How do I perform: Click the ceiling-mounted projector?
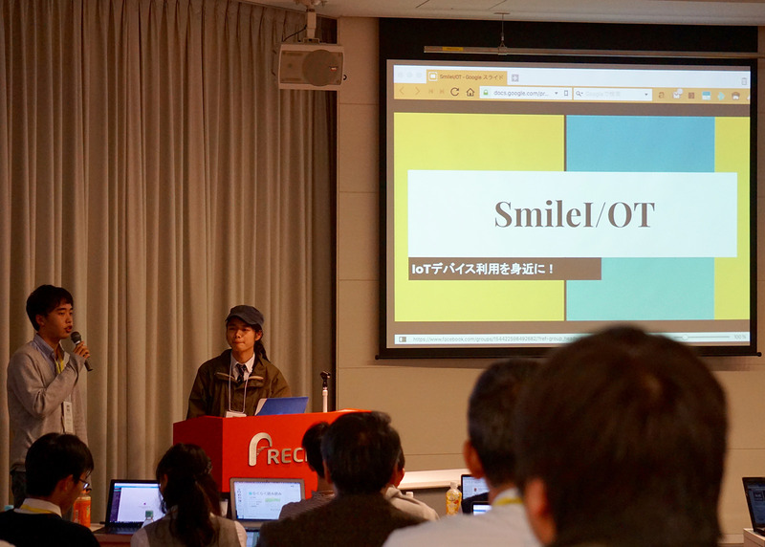[310, 64]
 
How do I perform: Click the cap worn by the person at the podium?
[246, 315]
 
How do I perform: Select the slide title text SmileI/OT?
[574, 214]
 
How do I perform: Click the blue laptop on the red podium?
[282, 405]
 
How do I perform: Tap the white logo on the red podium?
[259, 449]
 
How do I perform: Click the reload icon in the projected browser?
[454, 92]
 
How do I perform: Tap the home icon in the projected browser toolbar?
[470, 92]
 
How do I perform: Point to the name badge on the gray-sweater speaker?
[67, 415]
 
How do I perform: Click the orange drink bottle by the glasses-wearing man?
[83, 510]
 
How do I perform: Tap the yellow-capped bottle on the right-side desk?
[453, 498]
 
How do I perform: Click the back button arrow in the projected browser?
[403, 92]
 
